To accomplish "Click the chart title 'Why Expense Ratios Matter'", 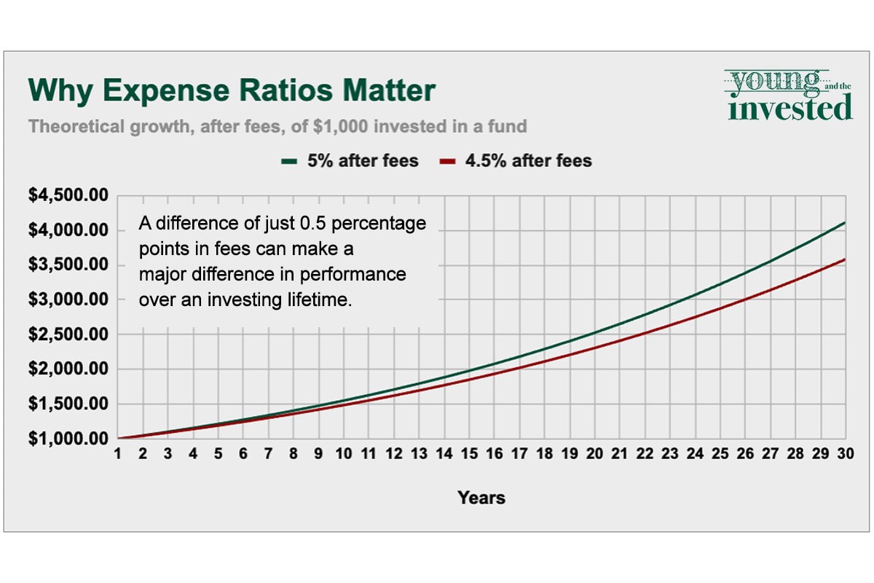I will click(232, 91).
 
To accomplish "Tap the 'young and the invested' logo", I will click(790, 95).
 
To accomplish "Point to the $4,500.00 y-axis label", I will click(68, 195).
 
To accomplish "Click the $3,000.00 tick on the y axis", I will click(68, 300).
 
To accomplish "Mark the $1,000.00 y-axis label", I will click(68, 439).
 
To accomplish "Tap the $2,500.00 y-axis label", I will click(68, 334).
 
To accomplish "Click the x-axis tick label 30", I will click(845, 453).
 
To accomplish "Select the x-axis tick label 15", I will click(469, 453).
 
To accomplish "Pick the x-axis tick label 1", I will click(118, 453).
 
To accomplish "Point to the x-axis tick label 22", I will click(645, 453).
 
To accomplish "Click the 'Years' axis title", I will click(481, 498).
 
